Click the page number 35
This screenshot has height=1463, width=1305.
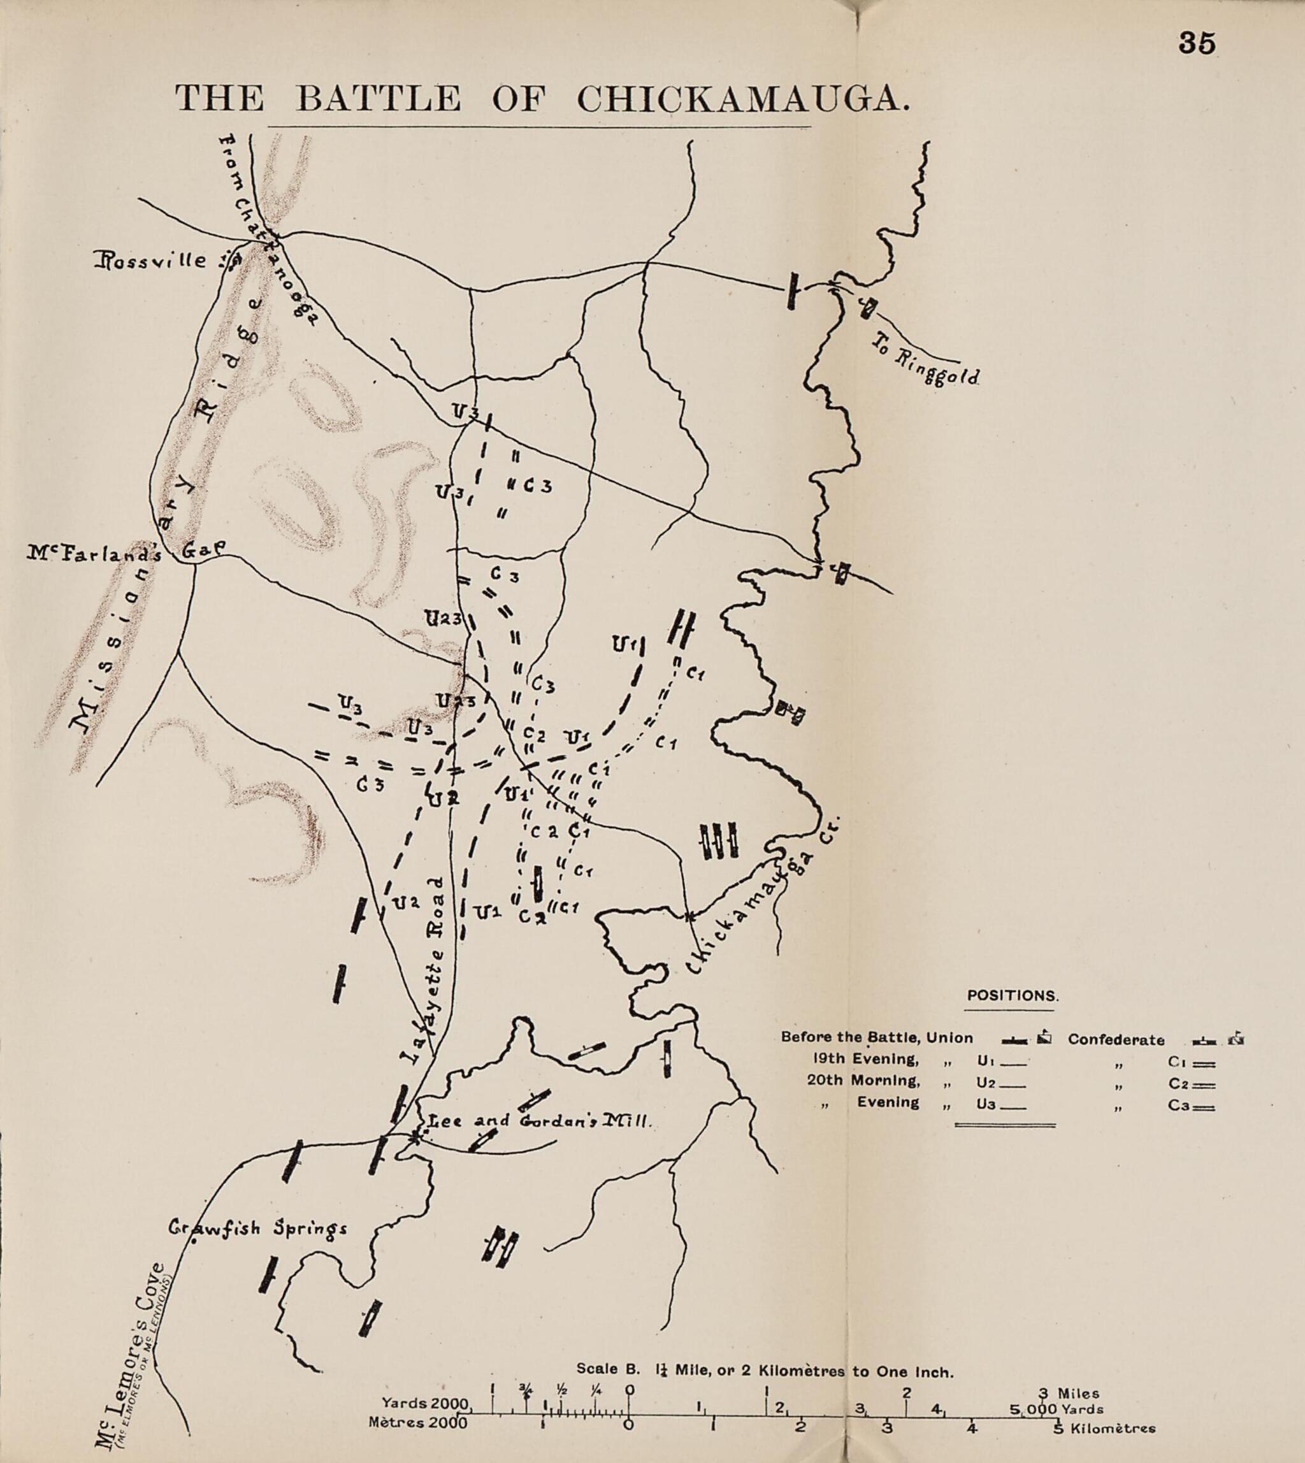1197,44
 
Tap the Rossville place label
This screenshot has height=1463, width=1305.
149,261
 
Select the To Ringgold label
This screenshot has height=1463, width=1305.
925,360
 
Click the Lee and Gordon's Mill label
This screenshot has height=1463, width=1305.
539,1121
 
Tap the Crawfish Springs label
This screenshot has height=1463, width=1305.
257,1229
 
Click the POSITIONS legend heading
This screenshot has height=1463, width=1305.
1013,995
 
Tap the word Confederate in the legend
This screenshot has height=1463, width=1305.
1116,1039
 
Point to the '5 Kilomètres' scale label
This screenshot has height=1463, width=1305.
1106,1427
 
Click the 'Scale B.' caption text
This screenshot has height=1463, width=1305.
607,1368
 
